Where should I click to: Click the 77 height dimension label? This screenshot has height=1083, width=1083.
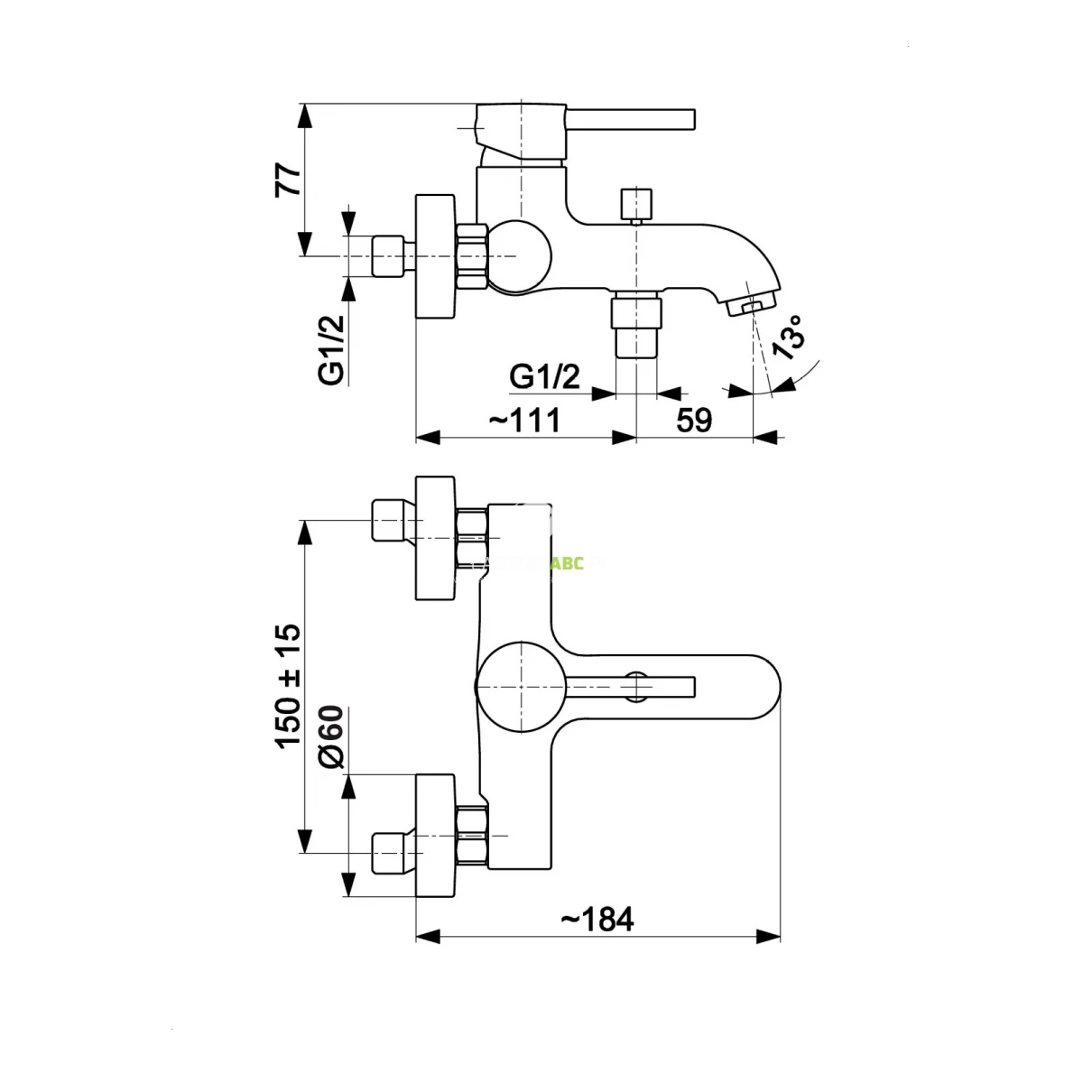coord(287,180)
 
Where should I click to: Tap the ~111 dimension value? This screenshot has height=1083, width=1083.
coord(525,420)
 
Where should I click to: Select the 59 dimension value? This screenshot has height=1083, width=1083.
coord(694,420)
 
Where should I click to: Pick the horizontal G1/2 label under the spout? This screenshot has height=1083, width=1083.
coord(545,376)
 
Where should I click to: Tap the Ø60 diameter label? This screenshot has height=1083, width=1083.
coord(332,736)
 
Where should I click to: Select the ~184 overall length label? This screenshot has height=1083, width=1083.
coord(597,920)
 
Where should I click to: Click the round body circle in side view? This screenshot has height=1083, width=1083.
coord(519,255)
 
